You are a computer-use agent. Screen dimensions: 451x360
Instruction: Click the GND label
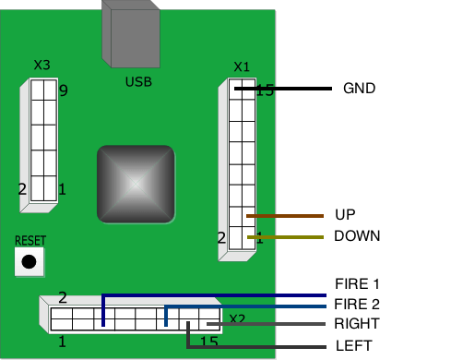359,89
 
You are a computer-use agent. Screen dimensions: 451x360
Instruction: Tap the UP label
345,214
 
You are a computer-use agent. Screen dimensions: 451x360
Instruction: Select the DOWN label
357,236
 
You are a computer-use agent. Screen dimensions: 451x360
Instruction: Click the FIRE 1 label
357,283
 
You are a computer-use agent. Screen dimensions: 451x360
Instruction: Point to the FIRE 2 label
357,304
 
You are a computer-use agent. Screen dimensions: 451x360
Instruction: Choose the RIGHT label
357,324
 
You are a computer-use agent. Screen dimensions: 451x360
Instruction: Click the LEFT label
354,346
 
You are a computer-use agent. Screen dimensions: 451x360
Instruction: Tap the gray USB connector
131,34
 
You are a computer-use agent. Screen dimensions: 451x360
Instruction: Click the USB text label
138,82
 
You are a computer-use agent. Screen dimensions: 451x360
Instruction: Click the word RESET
30,241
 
